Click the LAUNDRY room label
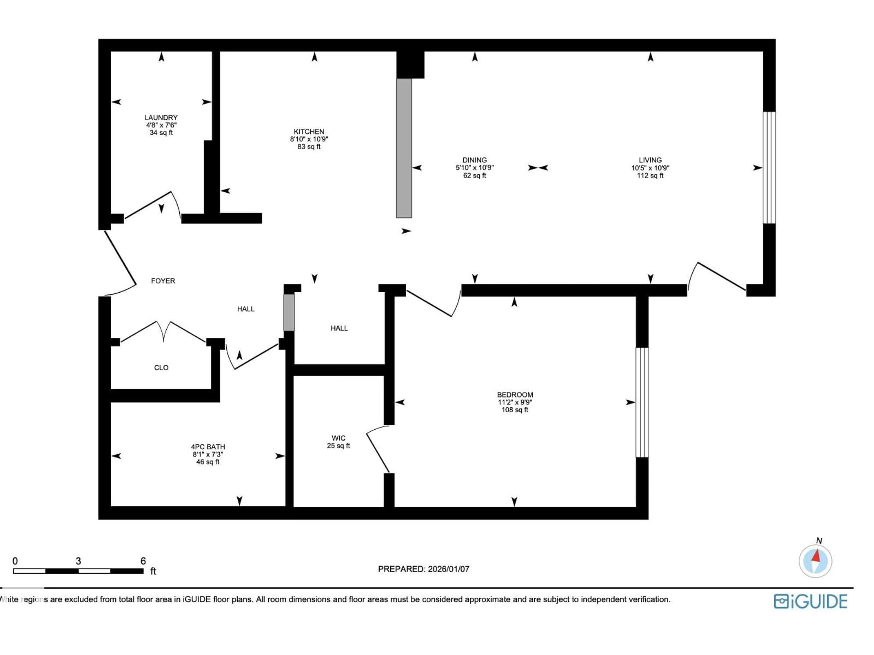click(x=161, y=118)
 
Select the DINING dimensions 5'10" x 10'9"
click(x=475, y=167)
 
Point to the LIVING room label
click(x=650, y=160)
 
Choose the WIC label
click(x=338, y=438)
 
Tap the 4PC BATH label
click(x=208, y=447)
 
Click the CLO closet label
click(x=161, y=368)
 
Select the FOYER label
click(x=163, y=281)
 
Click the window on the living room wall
click(x=769, y=168)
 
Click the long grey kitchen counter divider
click(x=404, y=148)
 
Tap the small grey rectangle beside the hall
click(x=289, y=312)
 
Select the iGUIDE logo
click(x=810, y=601)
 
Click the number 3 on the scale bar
click(x=78, y=561)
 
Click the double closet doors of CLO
click(x=163, y=332)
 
